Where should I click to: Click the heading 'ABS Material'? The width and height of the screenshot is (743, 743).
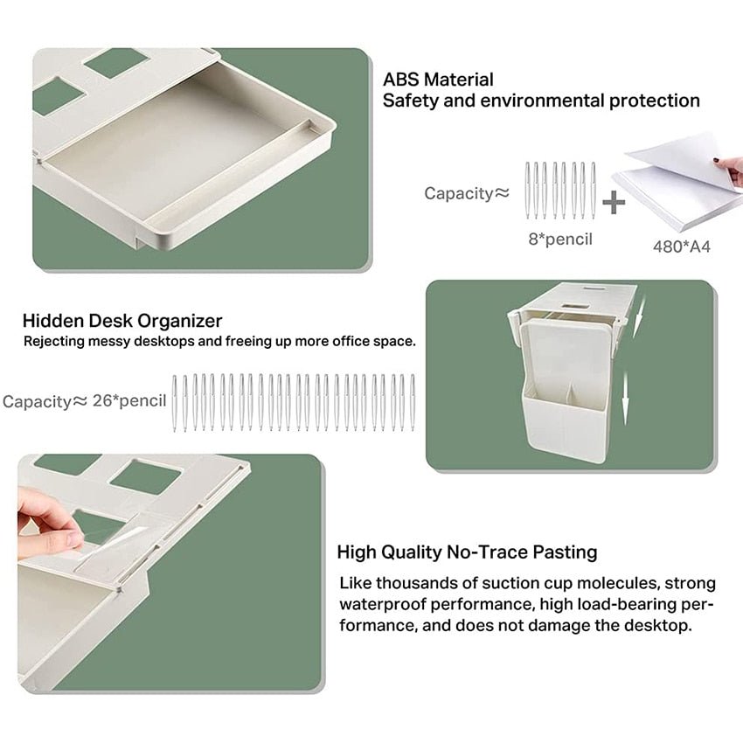438,80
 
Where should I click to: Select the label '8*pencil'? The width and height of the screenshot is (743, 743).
559,238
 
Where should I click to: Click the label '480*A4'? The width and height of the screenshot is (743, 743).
681,247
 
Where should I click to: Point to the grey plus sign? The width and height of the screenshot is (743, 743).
615,203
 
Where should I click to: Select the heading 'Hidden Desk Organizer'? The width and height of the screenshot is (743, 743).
122,321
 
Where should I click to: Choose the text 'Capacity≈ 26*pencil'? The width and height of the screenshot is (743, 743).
84,401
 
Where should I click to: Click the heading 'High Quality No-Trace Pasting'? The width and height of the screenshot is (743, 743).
467,552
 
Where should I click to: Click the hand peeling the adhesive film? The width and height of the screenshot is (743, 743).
48,520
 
